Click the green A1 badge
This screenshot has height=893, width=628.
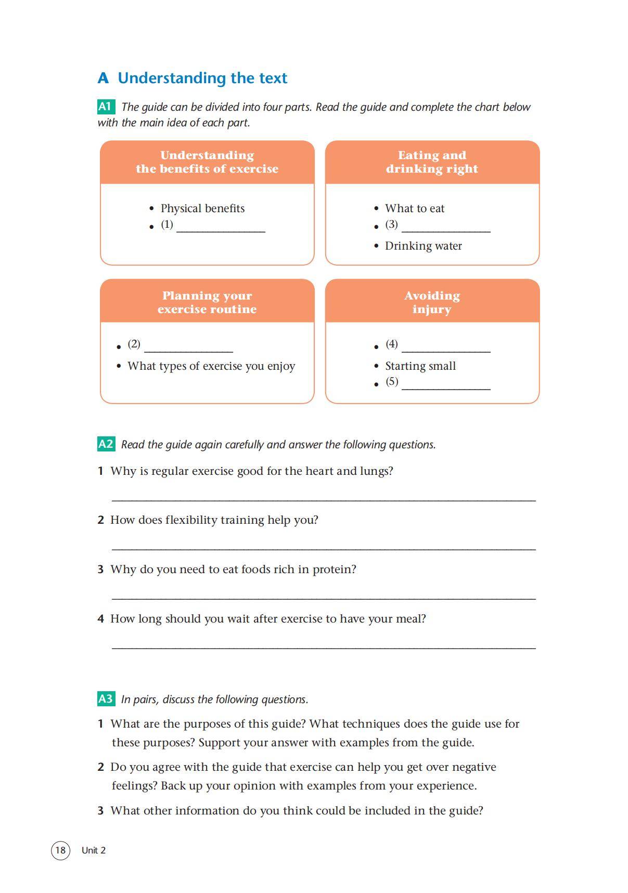106,107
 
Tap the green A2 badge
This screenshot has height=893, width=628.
106,444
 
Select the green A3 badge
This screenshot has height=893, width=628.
106,698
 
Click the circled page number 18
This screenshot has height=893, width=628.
60,850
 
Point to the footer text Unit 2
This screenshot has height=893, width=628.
94,850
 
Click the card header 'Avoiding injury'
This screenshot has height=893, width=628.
432,302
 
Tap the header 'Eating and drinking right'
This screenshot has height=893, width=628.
432,162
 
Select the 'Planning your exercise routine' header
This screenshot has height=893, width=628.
207,302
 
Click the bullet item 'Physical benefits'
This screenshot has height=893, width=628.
202,209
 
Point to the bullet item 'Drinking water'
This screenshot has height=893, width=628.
423,246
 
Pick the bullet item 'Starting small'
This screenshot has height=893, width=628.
420,366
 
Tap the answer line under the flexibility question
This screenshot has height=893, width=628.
324,548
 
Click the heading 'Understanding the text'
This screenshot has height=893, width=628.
202,78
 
